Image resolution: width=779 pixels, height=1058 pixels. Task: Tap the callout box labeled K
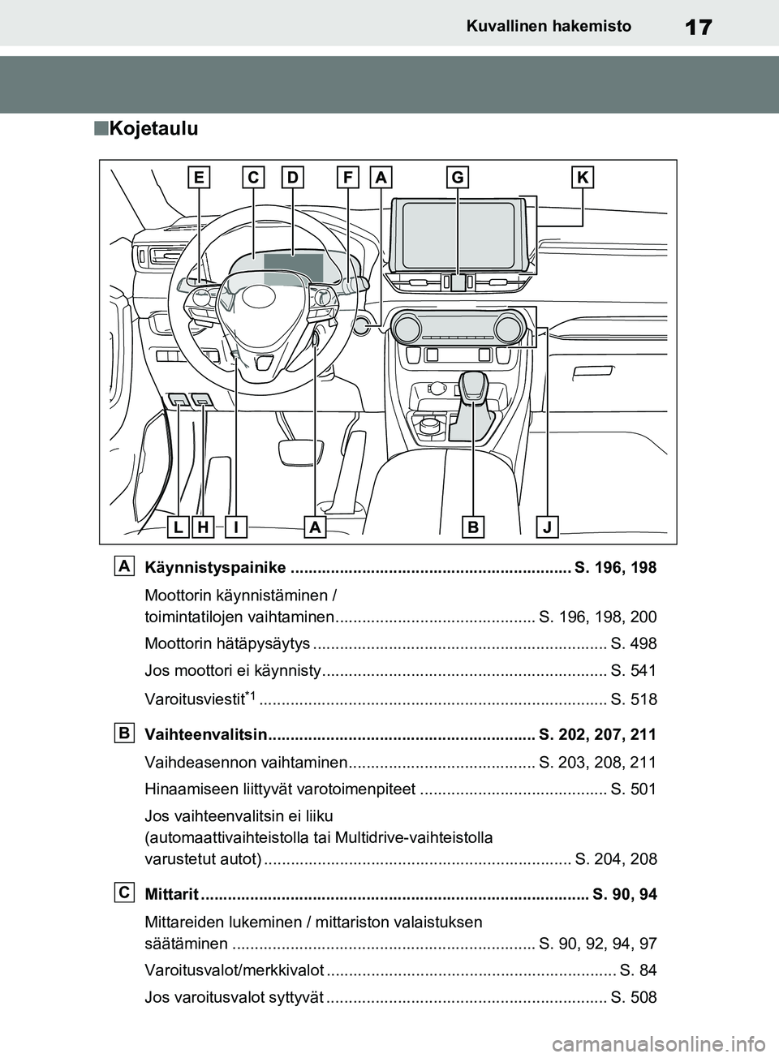[x=583, y=178]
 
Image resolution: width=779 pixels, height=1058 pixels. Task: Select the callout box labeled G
[x=458, y=178]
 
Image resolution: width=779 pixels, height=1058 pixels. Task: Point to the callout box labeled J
[x=549, y=527]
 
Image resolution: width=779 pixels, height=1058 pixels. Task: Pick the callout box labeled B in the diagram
[x=473, y=527]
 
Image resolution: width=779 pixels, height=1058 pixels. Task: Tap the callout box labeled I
[x=235, y=527]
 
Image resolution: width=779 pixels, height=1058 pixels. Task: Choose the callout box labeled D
[x=293, y=178]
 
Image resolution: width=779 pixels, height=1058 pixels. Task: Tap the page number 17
[x=699, y=27]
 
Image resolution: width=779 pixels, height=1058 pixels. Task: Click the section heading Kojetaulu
[x=153, y=128]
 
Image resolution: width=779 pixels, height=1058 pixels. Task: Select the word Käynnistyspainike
[x=214, y=567]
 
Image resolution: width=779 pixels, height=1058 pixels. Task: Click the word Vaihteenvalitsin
[x=205, y=736]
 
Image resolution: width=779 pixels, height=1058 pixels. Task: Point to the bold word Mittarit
[x=170, y=895]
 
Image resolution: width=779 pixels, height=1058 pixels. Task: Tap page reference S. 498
[x=633, y=644]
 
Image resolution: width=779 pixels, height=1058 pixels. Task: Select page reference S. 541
[x=633, y=671]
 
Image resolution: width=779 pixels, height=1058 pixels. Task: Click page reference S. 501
[x=633, y=789]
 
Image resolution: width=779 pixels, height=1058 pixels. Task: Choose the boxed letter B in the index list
[x=124, y=733]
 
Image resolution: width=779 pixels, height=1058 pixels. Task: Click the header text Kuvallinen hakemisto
[x=549, y=27]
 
